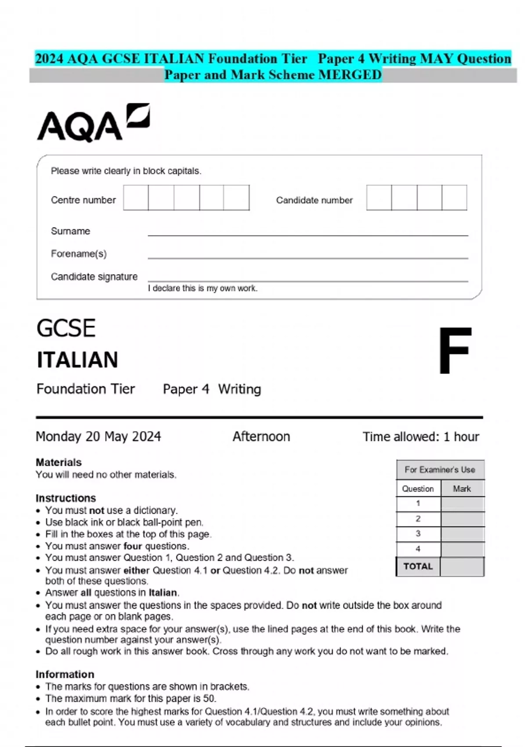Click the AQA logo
(x=93, y=123)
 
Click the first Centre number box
(x=136, y=198)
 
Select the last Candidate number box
(x=454, y=198)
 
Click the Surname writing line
(x=307, y=233)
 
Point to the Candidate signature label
(x=94, y=277)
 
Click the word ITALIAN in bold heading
(x=77, y=360)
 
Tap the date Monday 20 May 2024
(x=98, y=436)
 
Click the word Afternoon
(x=261, y=436)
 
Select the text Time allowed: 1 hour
(x=421, y=436)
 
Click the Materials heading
(x=58, y=462)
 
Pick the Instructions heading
(x=65, y=498)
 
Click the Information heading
(x=65, y=674)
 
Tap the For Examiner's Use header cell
(x=440, y=470)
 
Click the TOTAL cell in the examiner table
(x=418, y=566)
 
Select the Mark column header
(x=462, y=489)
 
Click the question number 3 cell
(x=418, y=533)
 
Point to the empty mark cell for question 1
(x=462, y=504)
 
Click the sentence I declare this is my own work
(x=202, y=288)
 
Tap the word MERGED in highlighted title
(x=350, y=75)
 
